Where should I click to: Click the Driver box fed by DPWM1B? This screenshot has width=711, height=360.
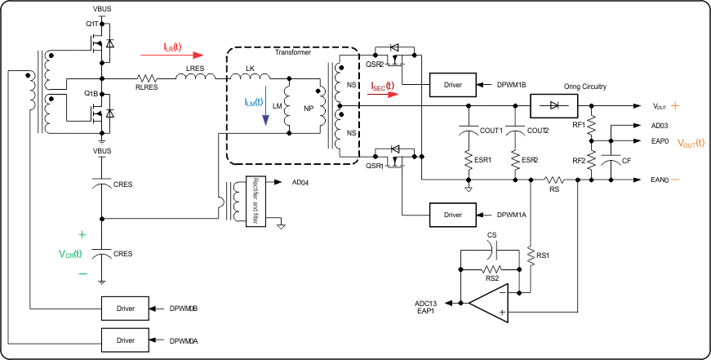[x=452, y=84]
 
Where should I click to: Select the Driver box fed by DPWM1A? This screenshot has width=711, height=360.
[x=452, y=214]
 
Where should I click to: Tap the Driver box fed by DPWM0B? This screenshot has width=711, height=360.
[x=125, y=309]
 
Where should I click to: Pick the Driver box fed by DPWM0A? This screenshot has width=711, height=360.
[x=125, y=340]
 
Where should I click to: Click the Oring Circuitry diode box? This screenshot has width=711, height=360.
[x=554, y=105]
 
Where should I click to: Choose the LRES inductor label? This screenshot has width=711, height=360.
[x=196, y=68]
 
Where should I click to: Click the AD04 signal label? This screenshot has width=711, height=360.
[x=303, y=182]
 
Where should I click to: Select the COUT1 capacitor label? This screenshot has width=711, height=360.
[x=491, y=130]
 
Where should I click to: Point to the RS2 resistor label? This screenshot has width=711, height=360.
[x=491, y=278]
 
